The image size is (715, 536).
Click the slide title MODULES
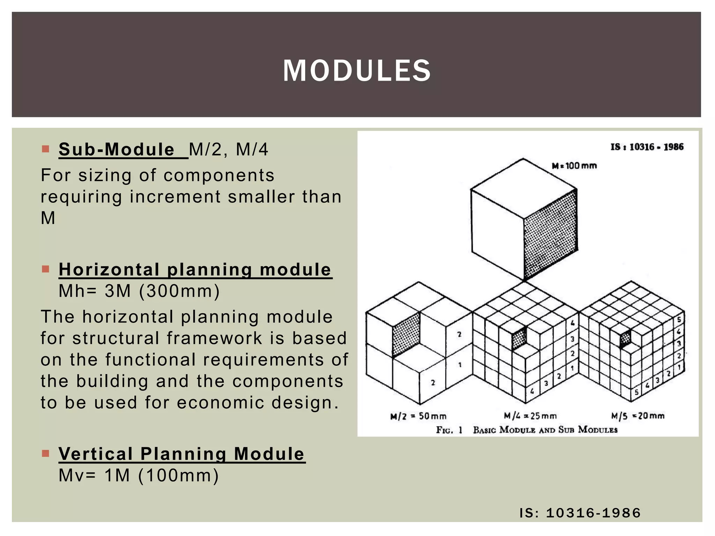(x=357, y=70)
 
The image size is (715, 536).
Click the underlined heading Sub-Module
(x=117, y=149)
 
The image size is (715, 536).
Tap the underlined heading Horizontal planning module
(x=195, y=269)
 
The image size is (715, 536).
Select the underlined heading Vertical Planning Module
(x=182, y=454)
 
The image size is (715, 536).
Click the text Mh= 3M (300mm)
(x=139, y=291)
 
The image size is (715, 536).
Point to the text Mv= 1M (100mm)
(x=139, y=475)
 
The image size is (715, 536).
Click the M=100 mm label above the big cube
(x=574, y=165)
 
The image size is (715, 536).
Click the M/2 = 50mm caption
(x=418, y=416)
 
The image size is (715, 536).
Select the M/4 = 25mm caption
(x=530, y=416)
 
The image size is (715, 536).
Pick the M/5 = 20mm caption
(x=637, y=416)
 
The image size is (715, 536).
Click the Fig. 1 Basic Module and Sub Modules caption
(x=526, y=430)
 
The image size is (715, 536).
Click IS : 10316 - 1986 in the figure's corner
(x=647, y=147)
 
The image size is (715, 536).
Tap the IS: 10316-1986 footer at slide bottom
(x=580, y=513)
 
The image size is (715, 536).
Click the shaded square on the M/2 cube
(x=406, y=334)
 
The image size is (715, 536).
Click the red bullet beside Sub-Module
(x=45, y=149)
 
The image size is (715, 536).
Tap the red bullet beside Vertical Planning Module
(x=45, y=454)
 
